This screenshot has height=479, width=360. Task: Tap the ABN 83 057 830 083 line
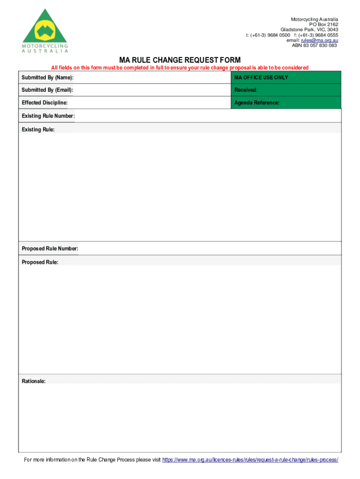click(314, 45)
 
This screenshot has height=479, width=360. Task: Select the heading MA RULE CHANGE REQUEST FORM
click(180, 60)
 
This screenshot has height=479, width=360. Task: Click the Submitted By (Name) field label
click(47, 77)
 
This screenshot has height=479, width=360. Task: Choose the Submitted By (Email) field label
click(47, 90)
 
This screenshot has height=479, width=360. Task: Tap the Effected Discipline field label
click(44, 102)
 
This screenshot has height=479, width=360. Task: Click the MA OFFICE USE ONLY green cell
click(286, 77)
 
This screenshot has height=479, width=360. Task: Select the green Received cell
click(286, 90)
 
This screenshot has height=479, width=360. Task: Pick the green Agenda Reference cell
click(286, 102)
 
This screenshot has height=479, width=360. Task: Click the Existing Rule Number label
click(48, 116)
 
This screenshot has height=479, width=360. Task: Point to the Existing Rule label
click(38, 129)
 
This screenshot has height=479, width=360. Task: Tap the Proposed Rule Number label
click(50, 248)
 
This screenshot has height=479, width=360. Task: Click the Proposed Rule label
click(40, 262)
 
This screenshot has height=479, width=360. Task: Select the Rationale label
click(34, 381)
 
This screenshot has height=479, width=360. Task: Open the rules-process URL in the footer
click(250, 460)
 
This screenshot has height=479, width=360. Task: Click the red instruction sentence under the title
click(180, 68)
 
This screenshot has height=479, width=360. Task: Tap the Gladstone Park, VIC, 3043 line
click(309, 29)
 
